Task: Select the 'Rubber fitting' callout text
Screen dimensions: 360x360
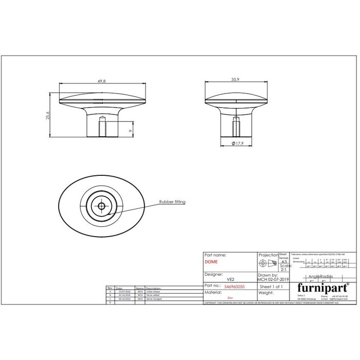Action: pos(172,202)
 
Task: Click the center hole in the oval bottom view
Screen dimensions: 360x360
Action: pos(101,206)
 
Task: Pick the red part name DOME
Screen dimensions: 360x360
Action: pos(211,262)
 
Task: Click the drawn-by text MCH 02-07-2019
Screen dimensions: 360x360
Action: pos(274,279)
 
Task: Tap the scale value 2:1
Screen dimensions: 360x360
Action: pos(283,269)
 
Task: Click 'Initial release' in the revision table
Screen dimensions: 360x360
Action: pos(154,291)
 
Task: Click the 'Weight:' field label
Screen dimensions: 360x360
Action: pos(266,292)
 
